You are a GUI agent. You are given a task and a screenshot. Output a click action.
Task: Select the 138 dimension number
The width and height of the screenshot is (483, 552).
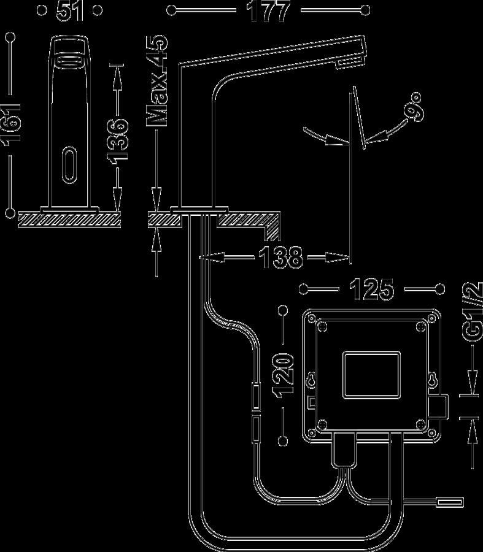tap(280, 258)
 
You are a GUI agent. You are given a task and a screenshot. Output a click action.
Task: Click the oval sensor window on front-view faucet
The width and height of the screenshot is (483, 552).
tap(69, 165)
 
